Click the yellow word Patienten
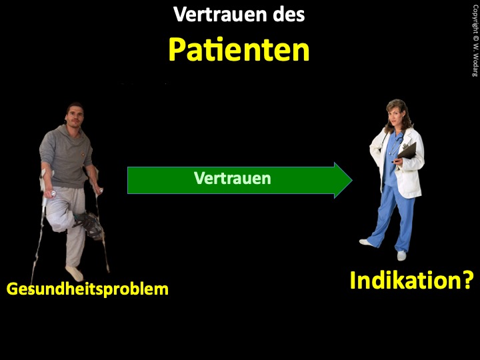point(239,50)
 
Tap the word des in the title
point(289,15)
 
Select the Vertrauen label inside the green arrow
point(233,178)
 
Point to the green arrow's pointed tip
point(352,180)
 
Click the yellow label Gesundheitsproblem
point(87,289)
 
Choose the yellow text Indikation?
point(412,280)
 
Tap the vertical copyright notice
point(475,41)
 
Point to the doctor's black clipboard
point(407,151)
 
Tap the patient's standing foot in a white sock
point(75,273)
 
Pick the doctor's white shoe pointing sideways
point(367,243)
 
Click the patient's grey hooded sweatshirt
point(65,156)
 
